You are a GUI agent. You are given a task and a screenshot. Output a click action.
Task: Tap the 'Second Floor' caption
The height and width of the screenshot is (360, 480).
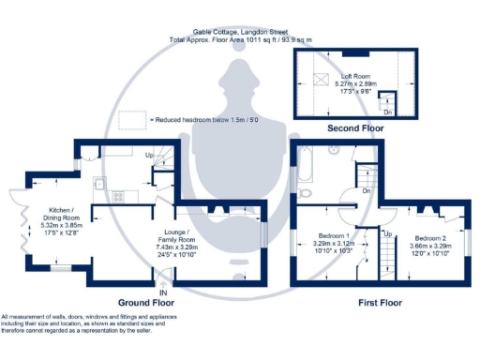point(354,127)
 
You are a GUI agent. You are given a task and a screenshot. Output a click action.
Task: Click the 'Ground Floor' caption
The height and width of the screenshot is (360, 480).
point(148,303)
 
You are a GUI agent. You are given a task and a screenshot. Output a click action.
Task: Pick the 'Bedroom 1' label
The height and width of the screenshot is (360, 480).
point(335,235)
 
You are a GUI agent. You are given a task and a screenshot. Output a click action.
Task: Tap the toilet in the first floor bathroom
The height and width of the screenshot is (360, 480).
point(307,192)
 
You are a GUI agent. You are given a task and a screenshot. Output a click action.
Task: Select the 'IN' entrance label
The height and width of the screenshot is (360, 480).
point(163,292)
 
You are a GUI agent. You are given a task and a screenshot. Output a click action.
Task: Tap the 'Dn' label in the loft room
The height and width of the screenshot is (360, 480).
point(388,112)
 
